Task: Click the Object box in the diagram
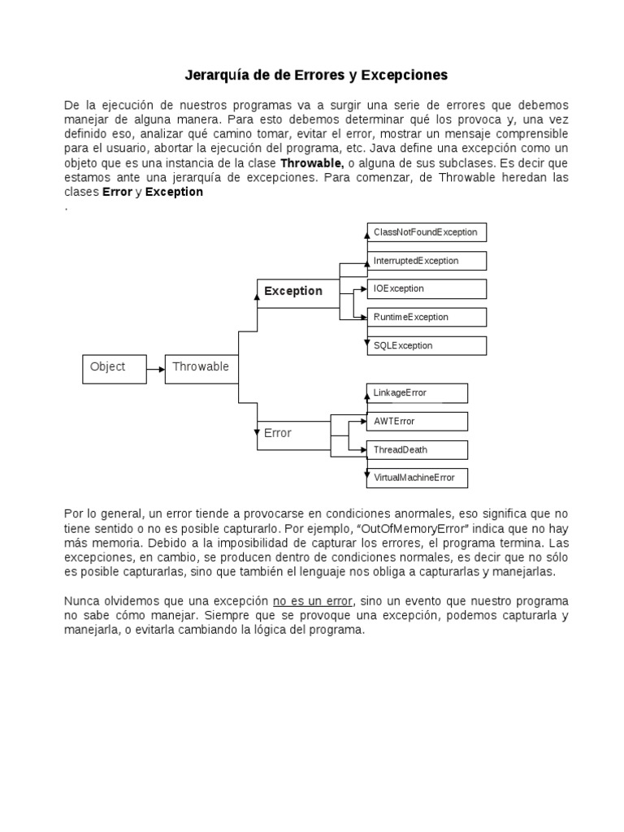115,368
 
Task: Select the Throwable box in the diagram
200,368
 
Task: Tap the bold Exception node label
292,291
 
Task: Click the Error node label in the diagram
277,433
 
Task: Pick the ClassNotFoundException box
426,232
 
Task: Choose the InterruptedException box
426,261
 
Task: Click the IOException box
426,288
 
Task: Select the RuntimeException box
426,317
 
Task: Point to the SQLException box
426,345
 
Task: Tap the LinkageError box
417,393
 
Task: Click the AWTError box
417,421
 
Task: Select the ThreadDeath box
417,449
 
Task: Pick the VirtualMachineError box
417,478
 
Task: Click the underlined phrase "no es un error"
313,600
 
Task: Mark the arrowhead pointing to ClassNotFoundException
365,233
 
